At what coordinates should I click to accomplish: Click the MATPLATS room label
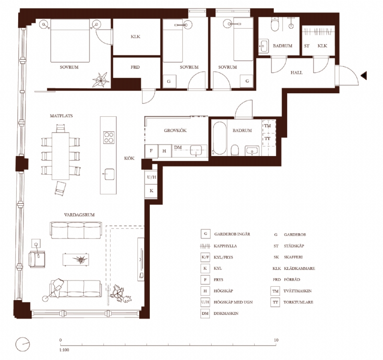point(61,116)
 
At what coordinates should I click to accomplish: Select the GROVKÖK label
point(175,129)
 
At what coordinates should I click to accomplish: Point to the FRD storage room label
point(135,67)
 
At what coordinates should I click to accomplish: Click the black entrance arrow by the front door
point(364,75)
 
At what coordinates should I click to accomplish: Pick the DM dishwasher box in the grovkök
point(178,147)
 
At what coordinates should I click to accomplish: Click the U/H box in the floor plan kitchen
point(151,177)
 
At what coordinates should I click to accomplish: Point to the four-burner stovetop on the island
point(109,137)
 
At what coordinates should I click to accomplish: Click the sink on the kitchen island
point(109,173)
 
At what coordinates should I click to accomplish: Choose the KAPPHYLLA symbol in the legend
point(205,246)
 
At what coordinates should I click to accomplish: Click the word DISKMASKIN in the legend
point(230,313)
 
